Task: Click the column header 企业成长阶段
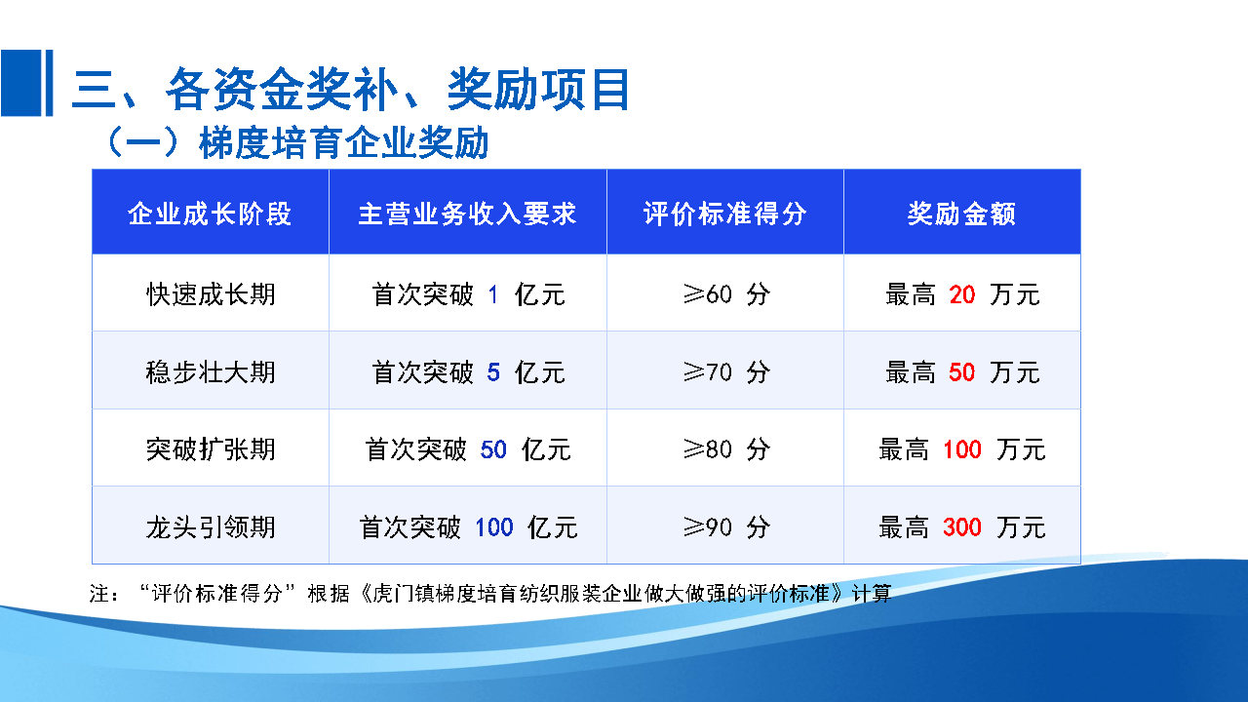click(x=210, y=214)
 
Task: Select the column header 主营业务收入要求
click(x=467, y=214)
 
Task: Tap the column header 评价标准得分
click(x=724, y=214)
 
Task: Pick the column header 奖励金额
click(x=961, y=214)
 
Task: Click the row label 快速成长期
click(x=210, y=293)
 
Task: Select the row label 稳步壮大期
click(x=210, y=371)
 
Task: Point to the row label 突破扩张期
click(x=210, y=449)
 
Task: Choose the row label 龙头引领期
click(x=210, y=527)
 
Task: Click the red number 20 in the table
click(x=961, y=293)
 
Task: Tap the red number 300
click(x=961, y=527)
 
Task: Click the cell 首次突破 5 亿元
click(x=468, y=371)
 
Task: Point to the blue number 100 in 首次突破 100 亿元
click(x=493, y=527)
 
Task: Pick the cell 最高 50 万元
click(x=961, y=371)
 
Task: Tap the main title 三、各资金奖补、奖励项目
click(x=351, y=91)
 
